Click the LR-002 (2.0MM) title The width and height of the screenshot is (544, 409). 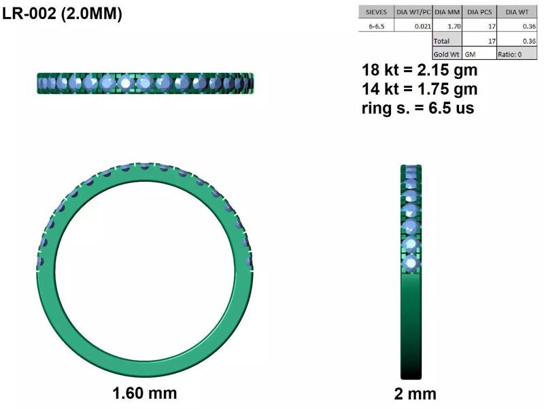(x=62, y=14)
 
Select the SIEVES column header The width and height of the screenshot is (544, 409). (x=377, y=12)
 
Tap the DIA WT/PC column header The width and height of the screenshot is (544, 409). (x=413, y=12)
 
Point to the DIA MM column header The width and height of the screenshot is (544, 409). (x=447, y=12)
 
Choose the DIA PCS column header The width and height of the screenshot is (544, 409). (x=479, y=12)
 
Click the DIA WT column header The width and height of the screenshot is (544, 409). (x=516, y=12)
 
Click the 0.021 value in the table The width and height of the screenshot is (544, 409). (x=422, y=26)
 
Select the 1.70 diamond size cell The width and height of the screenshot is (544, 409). (x=454, y=26)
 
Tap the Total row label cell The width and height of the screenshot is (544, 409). (x=442, y=41)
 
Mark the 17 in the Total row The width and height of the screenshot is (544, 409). (x=491, y=41)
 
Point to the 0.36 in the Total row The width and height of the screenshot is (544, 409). (x=528, y=41)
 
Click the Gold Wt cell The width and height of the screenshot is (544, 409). (x=446, y=54)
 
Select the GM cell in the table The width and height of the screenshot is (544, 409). (x=471, y=54)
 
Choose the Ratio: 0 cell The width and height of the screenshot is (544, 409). (x=510, y=54)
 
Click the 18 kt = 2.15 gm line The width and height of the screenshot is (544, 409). (x=419, y=70)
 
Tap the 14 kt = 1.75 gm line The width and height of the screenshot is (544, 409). (x=419, y=89)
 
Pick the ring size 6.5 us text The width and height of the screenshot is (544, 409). (x=418, y=108)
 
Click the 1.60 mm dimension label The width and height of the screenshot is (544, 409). (x=144, y=393)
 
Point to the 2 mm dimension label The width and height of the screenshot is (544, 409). (x=415, y=393)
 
